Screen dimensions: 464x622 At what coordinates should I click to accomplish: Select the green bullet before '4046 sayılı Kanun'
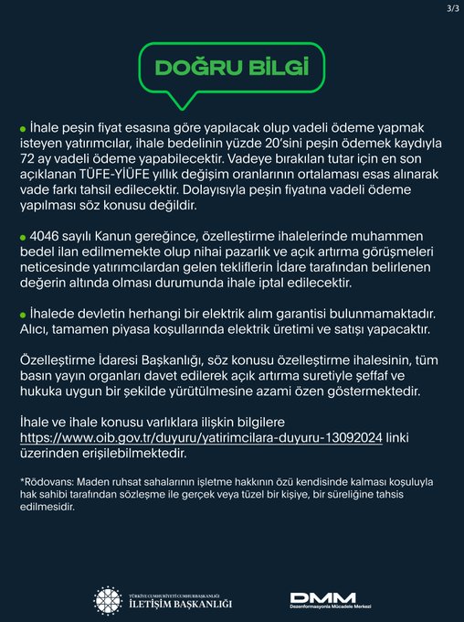pyautogui.click(x=23, y=235)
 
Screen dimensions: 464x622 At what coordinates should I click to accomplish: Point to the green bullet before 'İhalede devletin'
pyautogui.click(x=23, y=316)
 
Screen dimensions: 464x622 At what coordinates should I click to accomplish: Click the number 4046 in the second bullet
pyautogui.click(x=47, y=234)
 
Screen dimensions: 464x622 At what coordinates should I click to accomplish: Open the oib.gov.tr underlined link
pyautogui.click(x=200, y=436)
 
